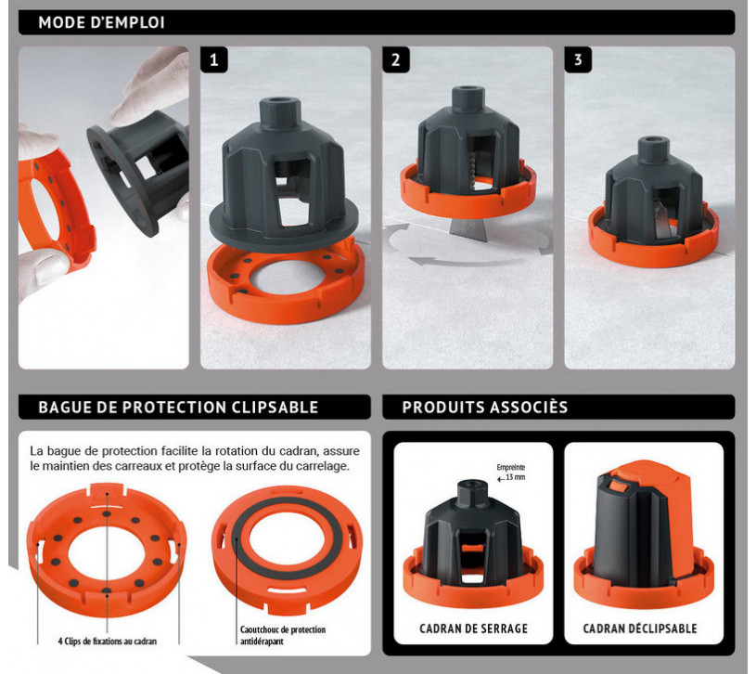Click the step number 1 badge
(x=213, y=59)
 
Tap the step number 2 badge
(x=396, y=59)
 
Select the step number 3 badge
(x=578, y=59)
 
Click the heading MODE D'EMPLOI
(x=102, y=22)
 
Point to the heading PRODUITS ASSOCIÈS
(x=485, y=408)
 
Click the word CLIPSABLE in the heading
(x=275, y=408)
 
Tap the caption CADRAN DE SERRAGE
(x=473, y=629)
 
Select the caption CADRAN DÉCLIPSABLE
(x=640, y=629)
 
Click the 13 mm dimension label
(x=516, y=477)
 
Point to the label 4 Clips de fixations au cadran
(x=107, y=642)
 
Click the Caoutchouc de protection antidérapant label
(x=283, y=635)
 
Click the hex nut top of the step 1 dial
(x=281, y=112)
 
